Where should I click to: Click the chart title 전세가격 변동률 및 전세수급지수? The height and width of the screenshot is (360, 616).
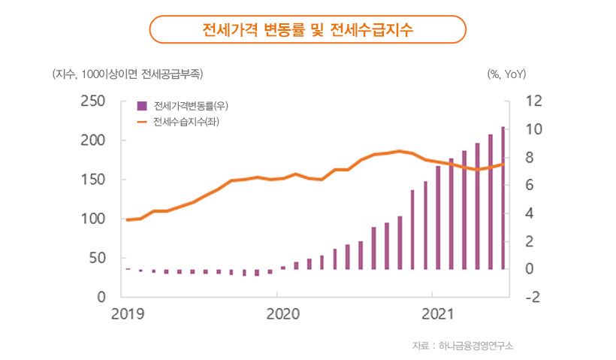308,31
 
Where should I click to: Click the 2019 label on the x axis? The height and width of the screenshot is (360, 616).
126,313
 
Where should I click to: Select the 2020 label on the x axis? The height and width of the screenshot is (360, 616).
279,313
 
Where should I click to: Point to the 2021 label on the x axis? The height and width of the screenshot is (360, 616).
433,313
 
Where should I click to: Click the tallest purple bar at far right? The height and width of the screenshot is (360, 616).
503,198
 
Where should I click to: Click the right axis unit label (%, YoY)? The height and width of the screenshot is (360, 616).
506,74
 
